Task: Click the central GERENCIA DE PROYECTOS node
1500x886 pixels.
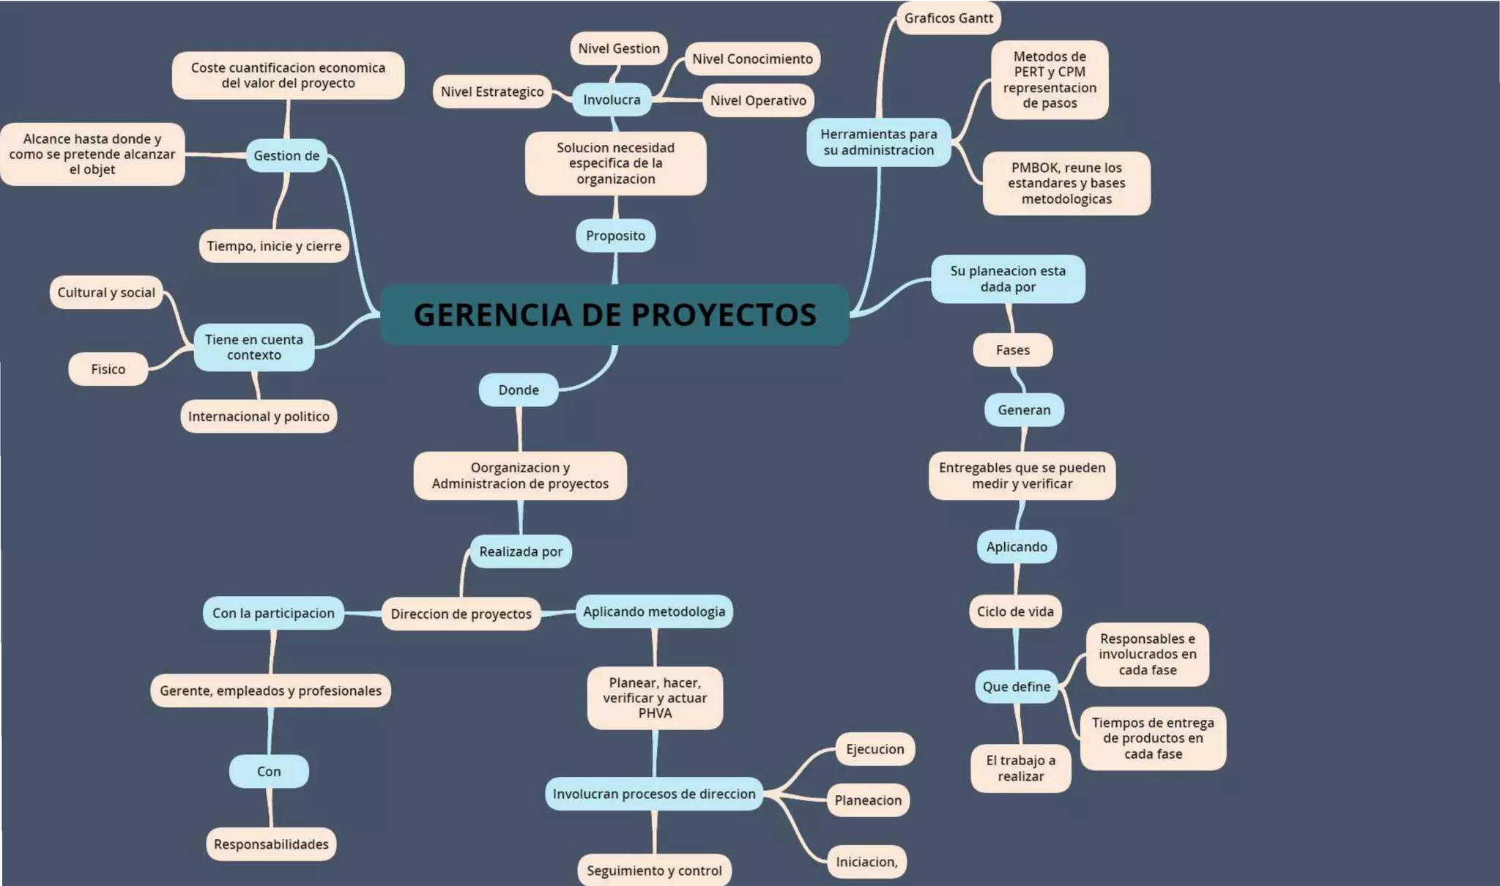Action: tap(615, 314)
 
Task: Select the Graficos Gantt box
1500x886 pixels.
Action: tap(948, 18)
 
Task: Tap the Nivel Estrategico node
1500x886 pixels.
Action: tap(492, 92)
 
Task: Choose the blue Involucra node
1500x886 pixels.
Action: tap(612, 100)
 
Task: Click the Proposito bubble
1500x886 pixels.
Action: tap(615, 236)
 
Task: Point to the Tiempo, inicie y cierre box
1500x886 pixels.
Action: tap(274, 246)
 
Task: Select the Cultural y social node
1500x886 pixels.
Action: tap(106, 292)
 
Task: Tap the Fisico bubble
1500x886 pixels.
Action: tap(108, 369)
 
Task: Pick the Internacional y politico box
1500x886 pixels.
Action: tap(259, 417)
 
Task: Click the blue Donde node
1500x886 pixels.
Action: tap(519, 390)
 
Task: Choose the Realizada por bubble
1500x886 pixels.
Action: tap(521, 551)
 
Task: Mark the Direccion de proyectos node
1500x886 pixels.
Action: tap(461, 614)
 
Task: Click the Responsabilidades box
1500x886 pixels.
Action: tap(271, 844)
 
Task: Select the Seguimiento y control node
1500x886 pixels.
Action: tap(654, 870)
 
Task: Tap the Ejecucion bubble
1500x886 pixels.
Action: tap(875, 749)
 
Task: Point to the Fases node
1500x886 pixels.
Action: tap(1012, 350)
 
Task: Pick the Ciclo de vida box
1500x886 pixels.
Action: tap(1015, 611)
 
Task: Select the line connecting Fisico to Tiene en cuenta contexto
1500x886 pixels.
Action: tap(171, 358)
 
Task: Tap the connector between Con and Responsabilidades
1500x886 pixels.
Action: tap(270, 808)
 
